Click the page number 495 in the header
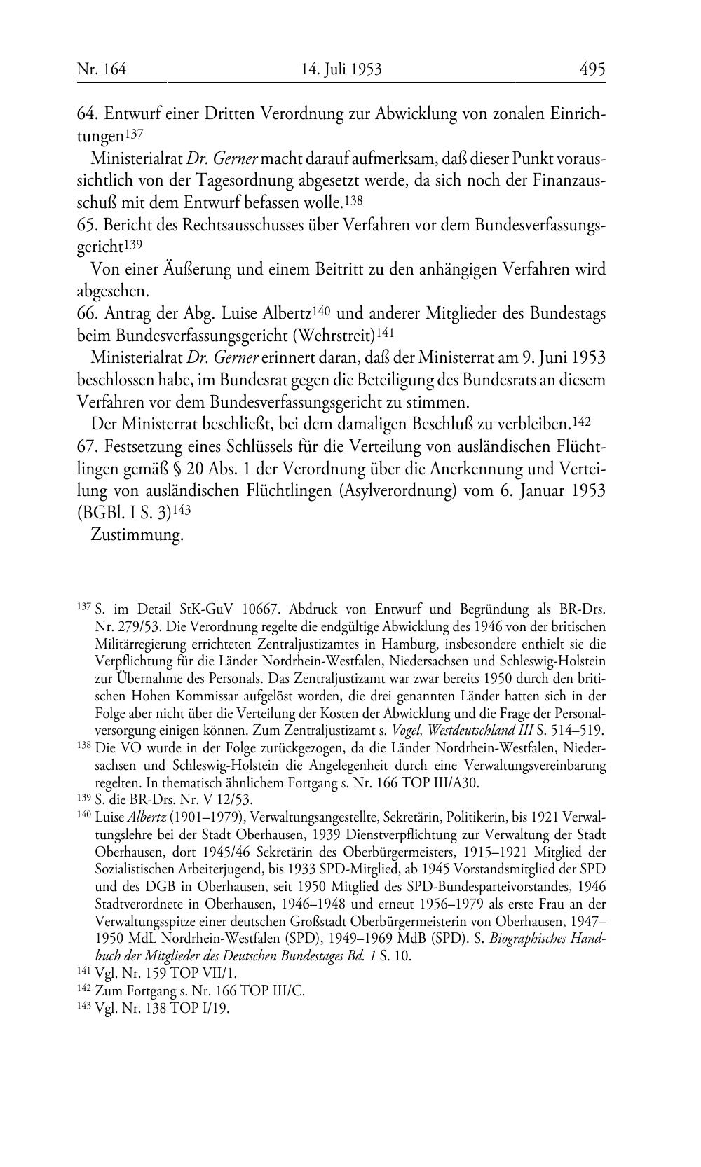(x=592, y=69)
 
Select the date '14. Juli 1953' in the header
(x=341, y=69)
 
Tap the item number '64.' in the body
(x=86, y=113)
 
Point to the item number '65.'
(x=86, y=226)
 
